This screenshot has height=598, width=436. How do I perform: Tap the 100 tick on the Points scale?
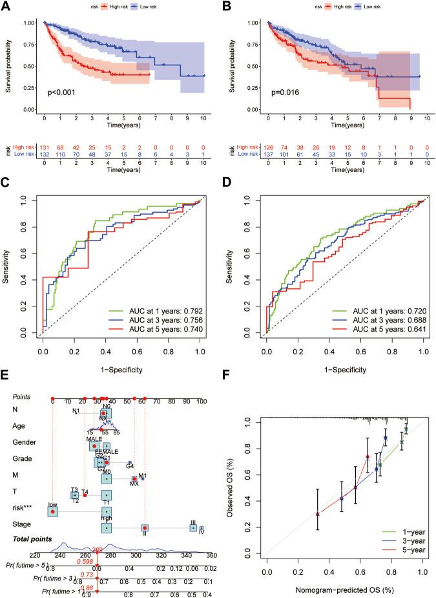(202, 401)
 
